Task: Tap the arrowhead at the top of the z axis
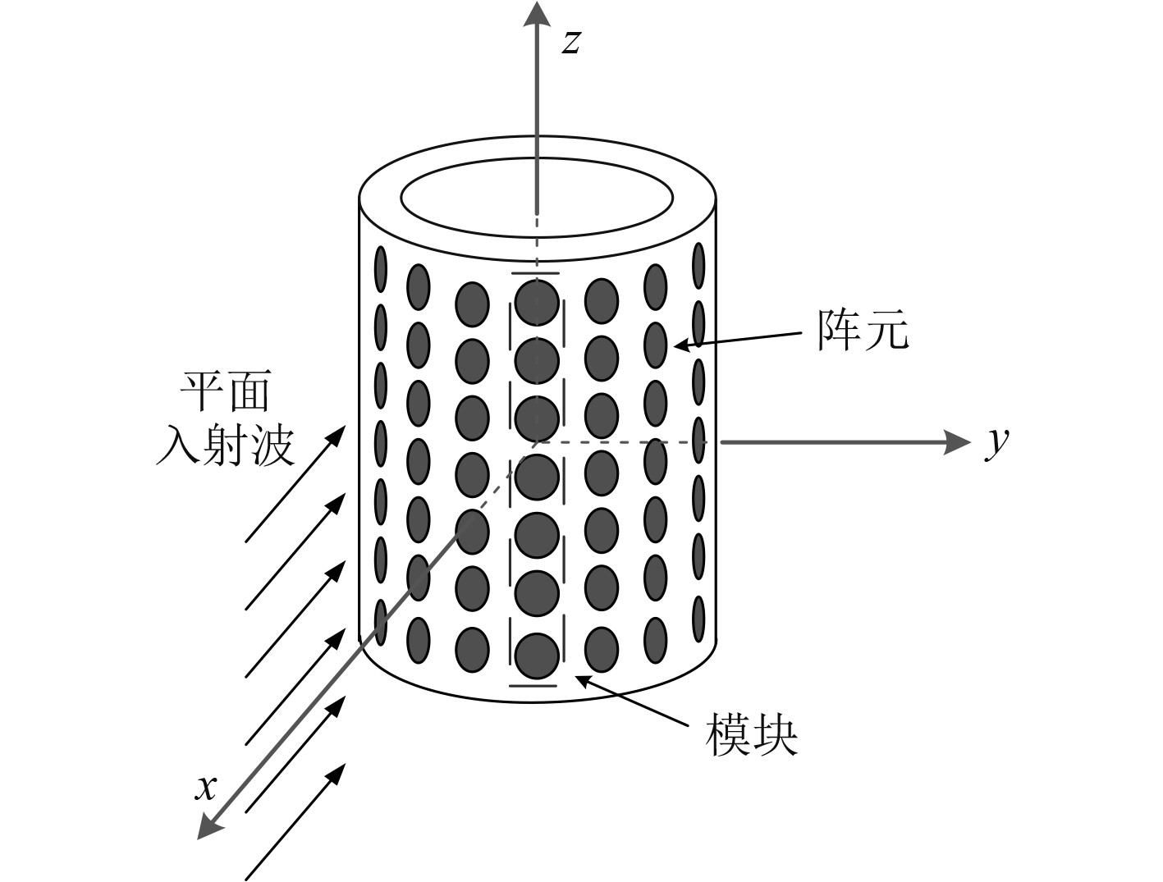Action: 537,14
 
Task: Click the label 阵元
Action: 863,331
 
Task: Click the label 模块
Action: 751,735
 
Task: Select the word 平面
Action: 225,391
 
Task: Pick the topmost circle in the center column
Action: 537,302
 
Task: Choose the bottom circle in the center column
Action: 537,655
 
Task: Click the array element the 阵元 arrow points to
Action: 655,345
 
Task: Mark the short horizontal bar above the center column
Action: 535,273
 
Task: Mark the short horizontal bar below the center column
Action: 533,685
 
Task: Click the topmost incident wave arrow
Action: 295,483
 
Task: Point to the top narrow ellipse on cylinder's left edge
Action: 381,267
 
